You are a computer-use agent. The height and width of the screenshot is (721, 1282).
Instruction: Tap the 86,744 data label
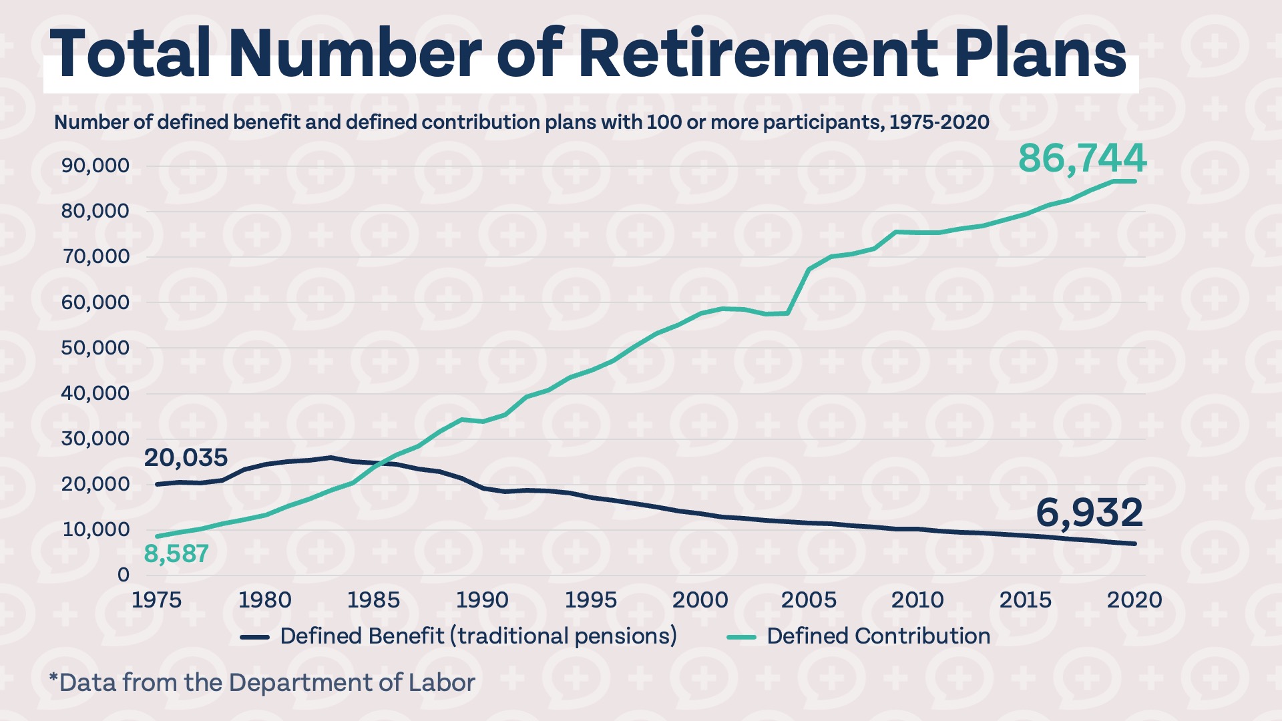tap(1082, 159)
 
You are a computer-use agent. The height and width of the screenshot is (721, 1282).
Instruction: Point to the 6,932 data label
tap(1089, 513)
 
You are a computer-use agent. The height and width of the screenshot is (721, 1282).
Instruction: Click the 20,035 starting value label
tap(186, 458)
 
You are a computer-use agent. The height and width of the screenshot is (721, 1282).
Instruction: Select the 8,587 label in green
tap(176, 553)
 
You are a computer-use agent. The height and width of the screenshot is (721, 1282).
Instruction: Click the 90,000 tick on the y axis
tap(95, 166)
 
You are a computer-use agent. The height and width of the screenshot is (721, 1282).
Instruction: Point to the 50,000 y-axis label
tap(95, 348)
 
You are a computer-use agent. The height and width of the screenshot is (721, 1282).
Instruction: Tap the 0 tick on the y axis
tap(123, 575)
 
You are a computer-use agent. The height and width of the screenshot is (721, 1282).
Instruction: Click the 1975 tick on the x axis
tap(156, 599)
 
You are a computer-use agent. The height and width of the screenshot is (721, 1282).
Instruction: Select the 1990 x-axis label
tap(482, 599)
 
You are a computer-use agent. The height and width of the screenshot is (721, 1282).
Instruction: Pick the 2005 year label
tap(809, 599)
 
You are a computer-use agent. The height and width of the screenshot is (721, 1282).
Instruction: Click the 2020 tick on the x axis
tap(1134, 599)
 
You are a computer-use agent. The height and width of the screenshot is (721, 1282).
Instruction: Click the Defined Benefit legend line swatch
tap(254, 637)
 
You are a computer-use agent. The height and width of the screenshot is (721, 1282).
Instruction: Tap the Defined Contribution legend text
tap(878, 636)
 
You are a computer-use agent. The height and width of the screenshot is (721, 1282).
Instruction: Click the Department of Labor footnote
tap(262, 683)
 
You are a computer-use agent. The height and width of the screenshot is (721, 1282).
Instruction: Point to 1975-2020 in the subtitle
tap(939, 122)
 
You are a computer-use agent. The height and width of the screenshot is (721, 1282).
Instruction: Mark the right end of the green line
tap(1134, 181)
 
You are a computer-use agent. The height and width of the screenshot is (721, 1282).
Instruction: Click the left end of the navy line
tap(158, 484)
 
